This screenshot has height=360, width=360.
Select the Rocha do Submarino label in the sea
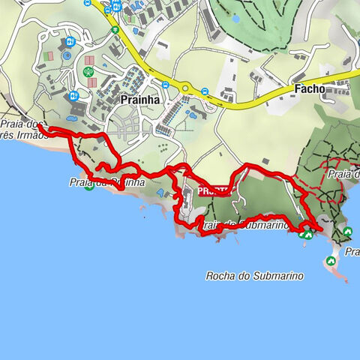[254, 276]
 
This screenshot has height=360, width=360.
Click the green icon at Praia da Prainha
[89, 186]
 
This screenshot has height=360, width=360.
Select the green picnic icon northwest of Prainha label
[88, 72]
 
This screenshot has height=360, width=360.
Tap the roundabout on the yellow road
[185, 88]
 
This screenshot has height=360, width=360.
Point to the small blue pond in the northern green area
[237, 18]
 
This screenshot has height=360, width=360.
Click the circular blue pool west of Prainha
[67, 55]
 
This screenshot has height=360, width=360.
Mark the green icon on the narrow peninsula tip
[330, 261]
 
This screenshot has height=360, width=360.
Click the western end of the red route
[40, 129]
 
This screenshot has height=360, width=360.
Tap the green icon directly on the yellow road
[115, 30]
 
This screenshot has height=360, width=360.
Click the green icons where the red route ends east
[306, 234]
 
